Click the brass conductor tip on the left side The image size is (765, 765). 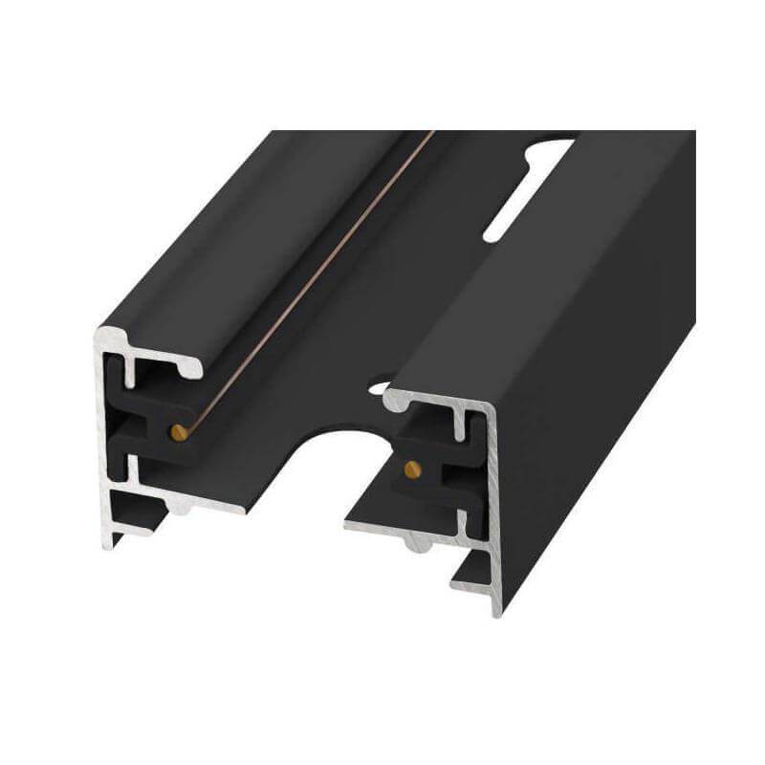pos(179,432)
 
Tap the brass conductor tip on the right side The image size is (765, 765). pos(411,468)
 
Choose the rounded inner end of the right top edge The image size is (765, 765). pos(392,402)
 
